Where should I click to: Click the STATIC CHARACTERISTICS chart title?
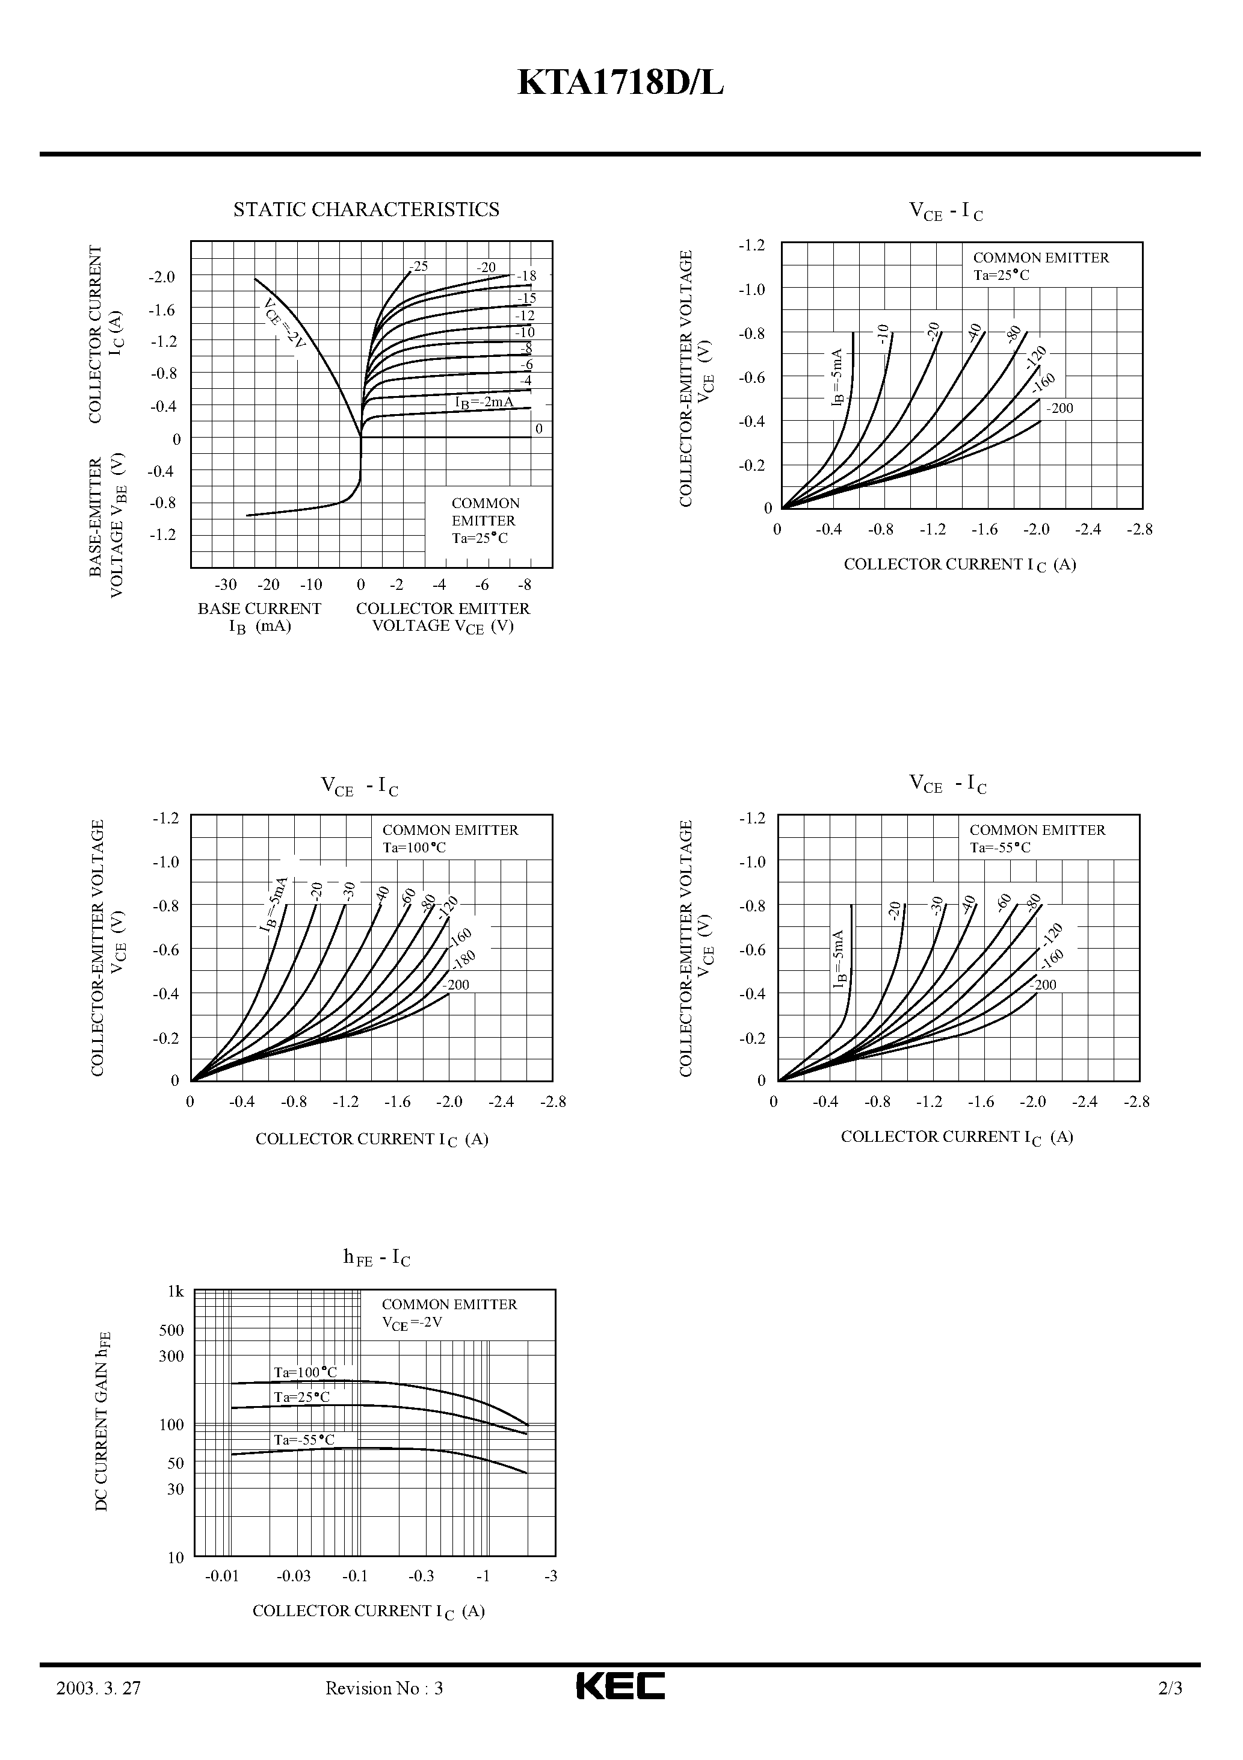366,209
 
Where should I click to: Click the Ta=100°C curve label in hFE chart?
305,1372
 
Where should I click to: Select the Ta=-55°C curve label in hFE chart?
304,1440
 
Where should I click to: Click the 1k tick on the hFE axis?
176,1292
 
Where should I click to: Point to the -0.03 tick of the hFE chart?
294,1576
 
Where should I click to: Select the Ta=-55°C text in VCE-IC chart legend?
1000,848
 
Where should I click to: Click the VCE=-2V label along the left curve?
283,323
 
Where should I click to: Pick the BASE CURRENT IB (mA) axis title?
259,617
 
